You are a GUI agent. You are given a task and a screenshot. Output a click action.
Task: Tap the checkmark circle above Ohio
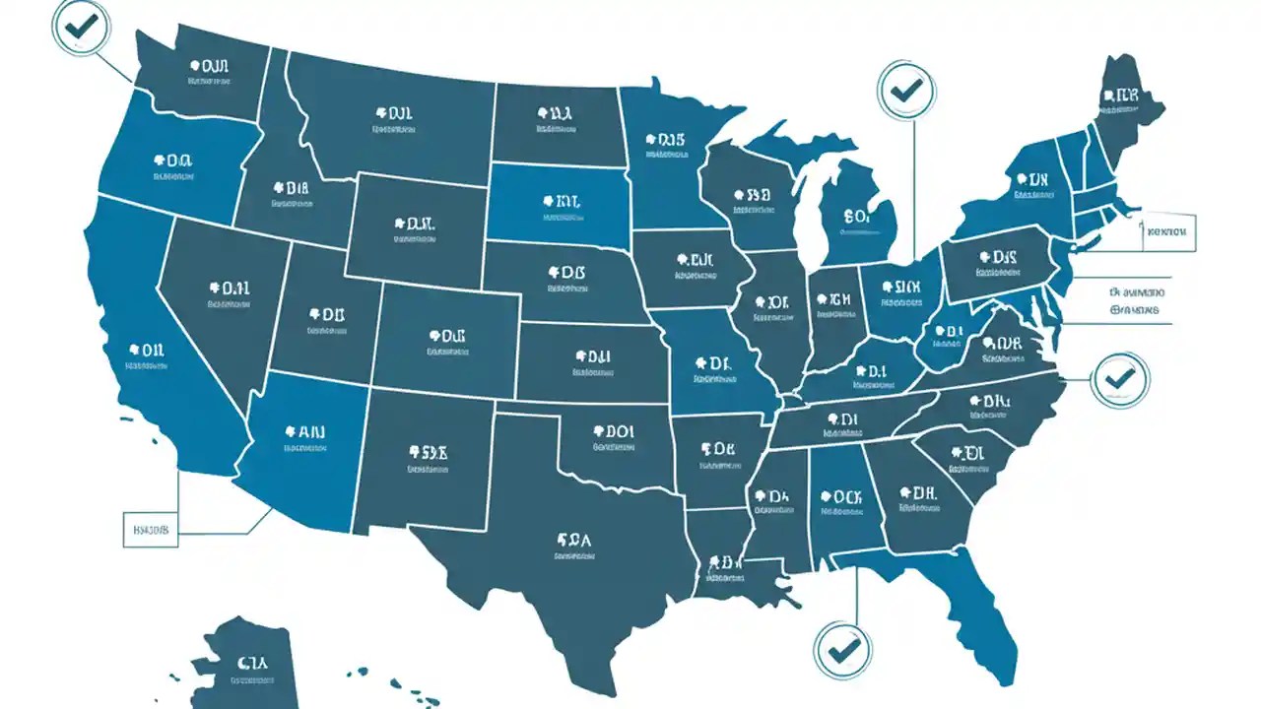pos(906,92)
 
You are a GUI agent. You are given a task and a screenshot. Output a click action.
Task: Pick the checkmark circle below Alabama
pos(843,649)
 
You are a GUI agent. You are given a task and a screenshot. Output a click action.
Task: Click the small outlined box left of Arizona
pos(150,529)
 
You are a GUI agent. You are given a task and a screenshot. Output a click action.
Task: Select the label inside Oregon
pos(172,166)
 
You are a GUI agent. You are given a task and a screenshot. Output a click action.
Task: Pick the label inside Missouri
pos(714,369)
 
